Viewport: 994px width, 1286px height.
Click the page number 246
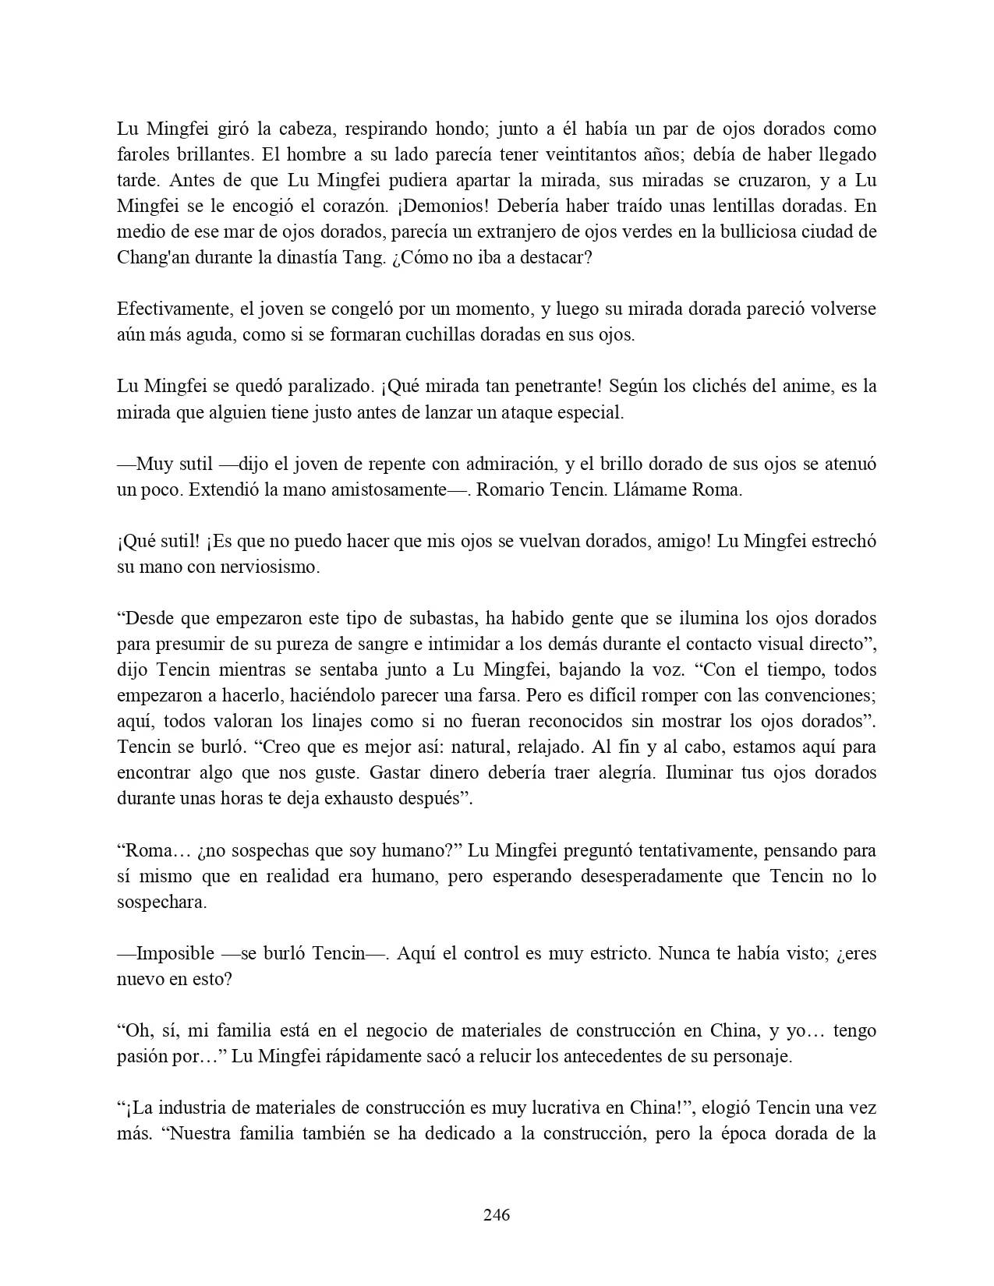[x=497, y=1214]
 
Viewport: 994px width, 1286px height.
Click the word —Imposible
[x=165, y=952]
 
